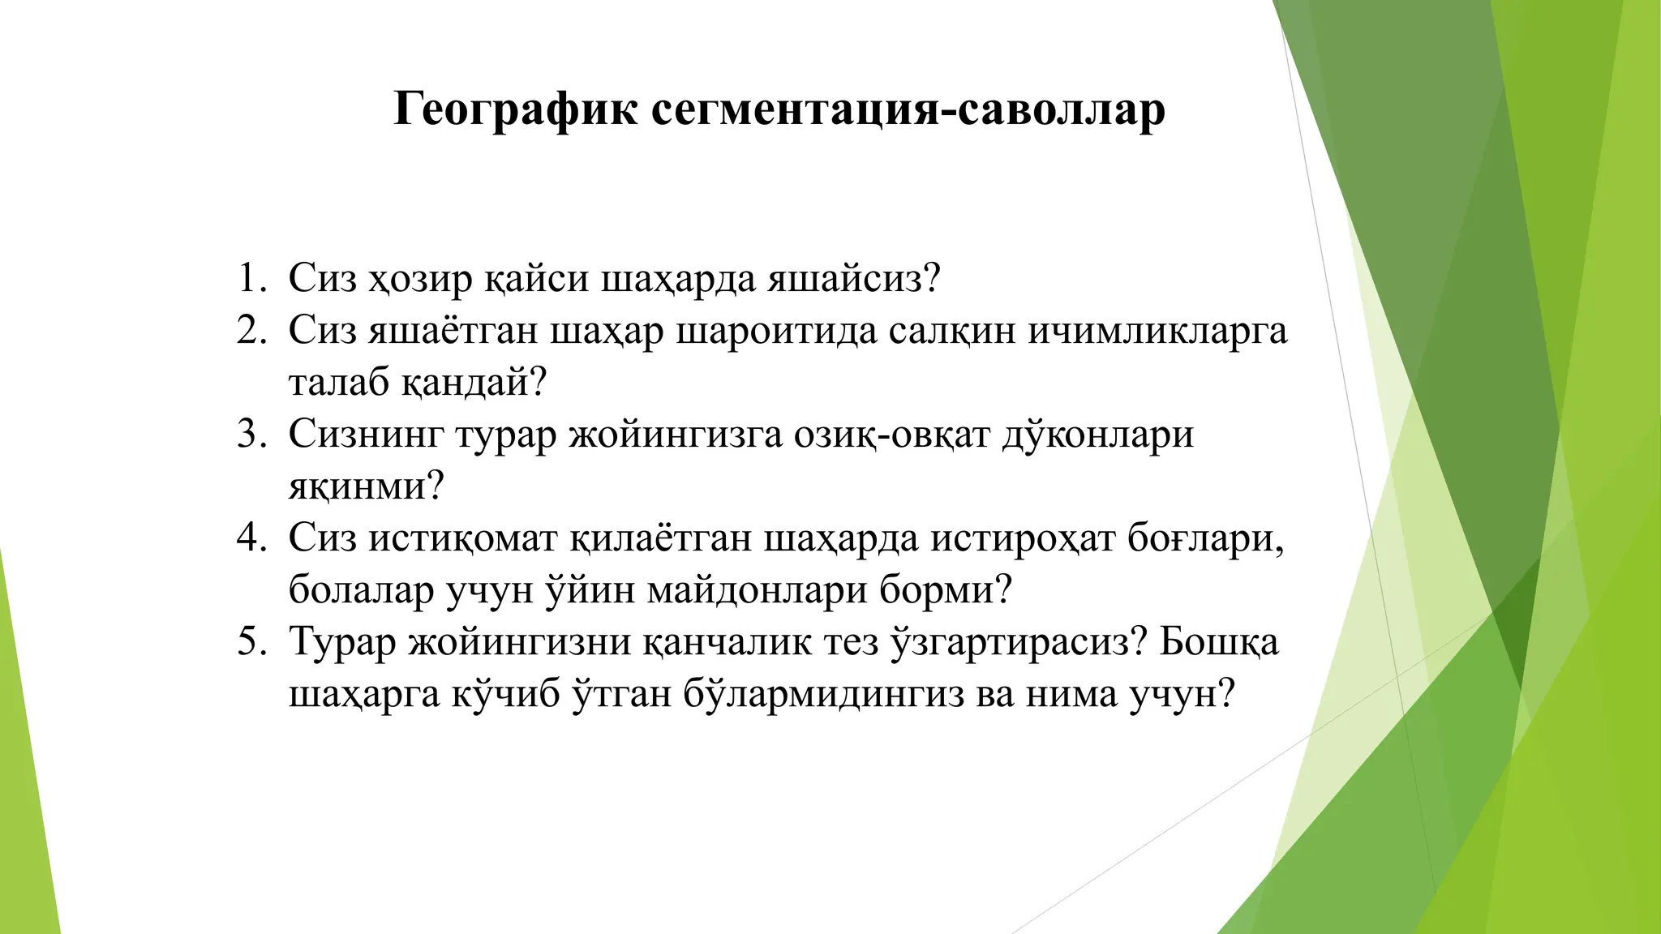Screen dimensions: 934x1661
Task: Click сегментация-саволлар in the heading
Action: (908, 109)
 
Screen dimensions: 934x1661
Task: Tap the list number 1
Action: (251, 279)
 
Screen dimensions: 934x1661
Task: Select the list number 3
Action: (251, 435)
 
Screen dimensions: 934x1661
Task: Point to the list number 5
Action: (251, 642)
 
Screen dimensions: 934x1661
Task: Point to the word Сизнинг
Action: (366, 435)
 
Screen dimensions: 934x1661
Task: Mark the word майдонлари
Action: (758, 590)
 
